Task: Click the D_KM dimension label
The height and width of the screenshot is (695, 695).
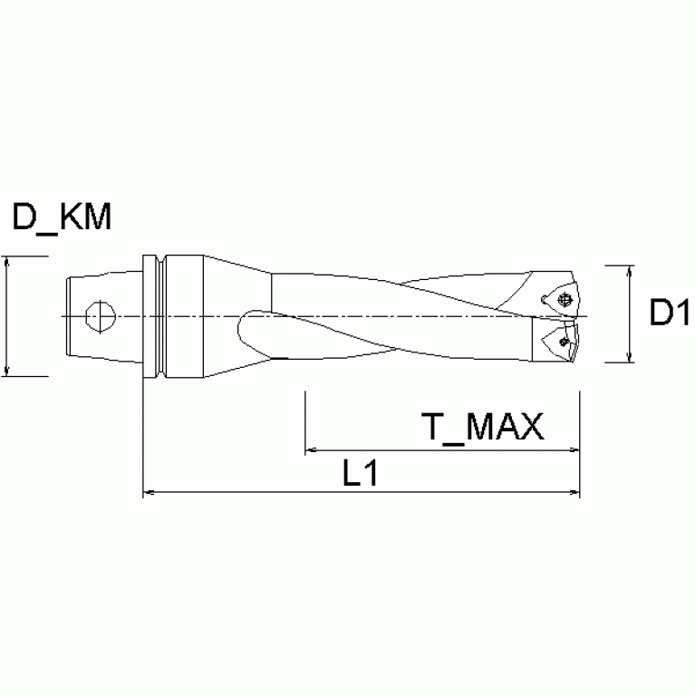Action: [62, 217]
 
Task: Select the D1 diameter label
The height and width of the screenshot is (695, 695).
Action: [670, 314]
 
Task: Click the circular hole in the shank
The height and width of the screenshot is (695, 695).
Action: [98, 316]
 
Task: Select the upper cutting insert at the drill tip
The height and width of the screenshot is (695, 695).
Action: [560, 298]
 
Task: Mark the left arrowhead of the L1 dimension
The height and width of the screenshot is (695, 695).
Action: [150, 494]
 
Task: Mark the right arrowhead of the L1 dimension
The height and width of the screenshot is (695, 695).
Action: [574, 494]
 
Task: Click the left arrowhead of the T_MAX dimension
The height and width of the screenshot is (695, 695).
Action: [311, 449]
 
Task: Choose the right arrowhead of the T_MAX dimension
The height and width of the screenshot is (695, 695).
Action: [574, 449]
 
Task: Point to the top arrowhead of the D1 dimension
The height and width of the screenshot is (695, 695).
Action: [629, 271]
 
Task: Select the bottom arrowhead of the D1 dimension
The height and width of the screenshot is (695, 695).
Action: [629, 358]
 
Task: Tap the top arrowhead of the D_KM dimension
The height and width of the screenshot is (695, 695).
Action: [8, 263]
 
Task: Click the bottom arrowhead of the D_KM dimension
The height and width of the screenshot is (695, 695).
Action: [8, 369]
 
